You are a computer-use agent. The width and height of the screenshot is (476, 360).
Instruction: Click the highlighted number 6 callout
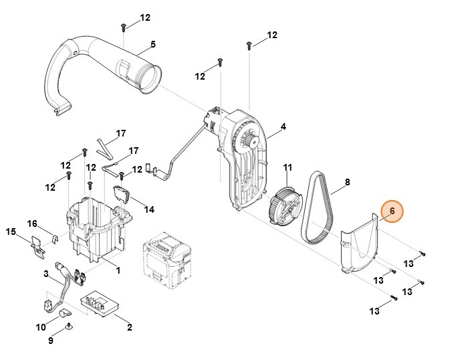[392, 212]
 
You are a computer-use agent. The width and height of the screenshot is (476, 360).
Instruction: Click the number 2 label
[129, 327]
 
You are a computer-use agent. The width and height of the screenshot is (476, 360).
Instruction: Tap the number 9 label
[50, 341]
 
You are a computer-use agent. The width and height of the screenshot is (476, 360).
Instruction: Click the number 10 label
[41, 327]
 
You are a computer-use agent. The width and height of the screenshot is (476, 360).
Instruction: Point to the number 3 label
[46, 274]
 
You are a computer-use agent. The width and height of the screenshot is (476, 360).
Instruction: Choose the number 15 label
[11, 232]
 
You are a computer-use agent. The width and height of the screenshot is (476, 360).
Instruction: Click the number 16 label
[31, 223]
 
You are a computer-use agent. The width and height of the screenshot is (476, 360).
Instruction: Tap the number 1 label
[118, 270]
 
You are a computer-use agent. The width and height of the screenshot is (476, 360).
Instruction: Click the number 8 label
[347, 181]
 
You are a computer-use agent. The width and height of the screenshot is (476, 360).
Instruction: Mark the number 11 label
[287, 167]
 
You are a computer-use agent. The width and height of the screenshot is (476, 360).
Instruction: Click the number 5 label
[152, 44]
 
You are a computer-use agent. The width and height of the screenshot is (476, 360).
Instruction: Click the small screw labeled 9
[70, 327]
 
